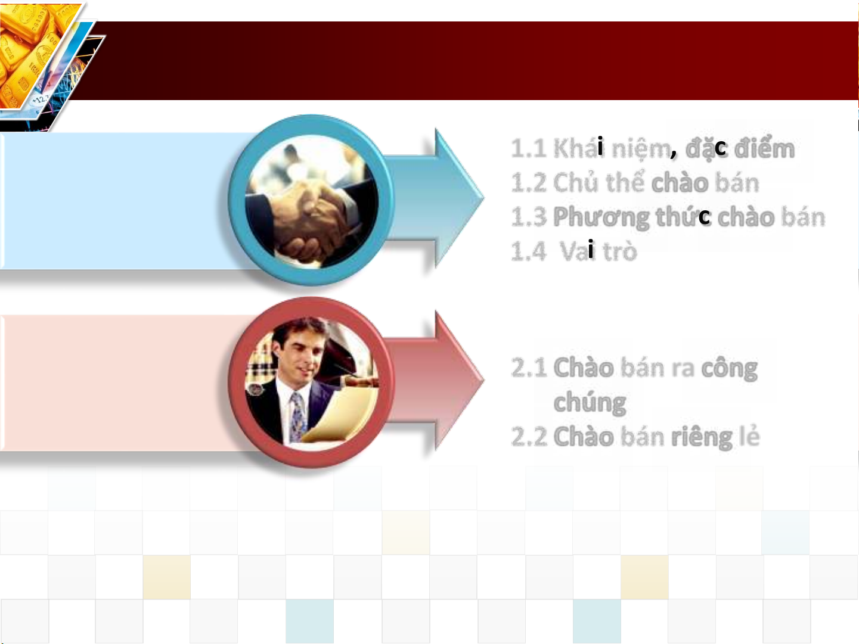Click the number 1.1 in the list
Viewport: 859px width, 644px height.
click(x=529, y=148)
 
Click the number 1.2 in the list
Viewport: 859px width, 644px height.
click(x=529, y=183)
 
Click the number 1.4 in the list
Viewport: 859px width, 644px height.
click(x=528, y=251)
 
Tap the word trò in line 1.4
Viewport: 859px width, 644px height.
click(x=620, y=251)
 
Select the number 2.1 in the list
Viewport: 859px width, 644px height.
click(x=529, y=368)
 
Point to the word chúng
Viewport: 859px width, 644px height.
click(x=590, y=402)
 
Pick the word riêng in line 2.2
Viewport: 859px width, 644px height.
click(x=701, y=437)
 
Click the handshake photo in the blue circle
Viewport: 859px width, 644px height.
click(x=312, y=201)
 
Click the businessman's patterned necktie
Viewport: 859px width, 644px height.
click(x=298, y=417)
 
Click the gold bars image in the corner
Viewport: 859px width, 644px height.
click(x=35, y=51)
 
